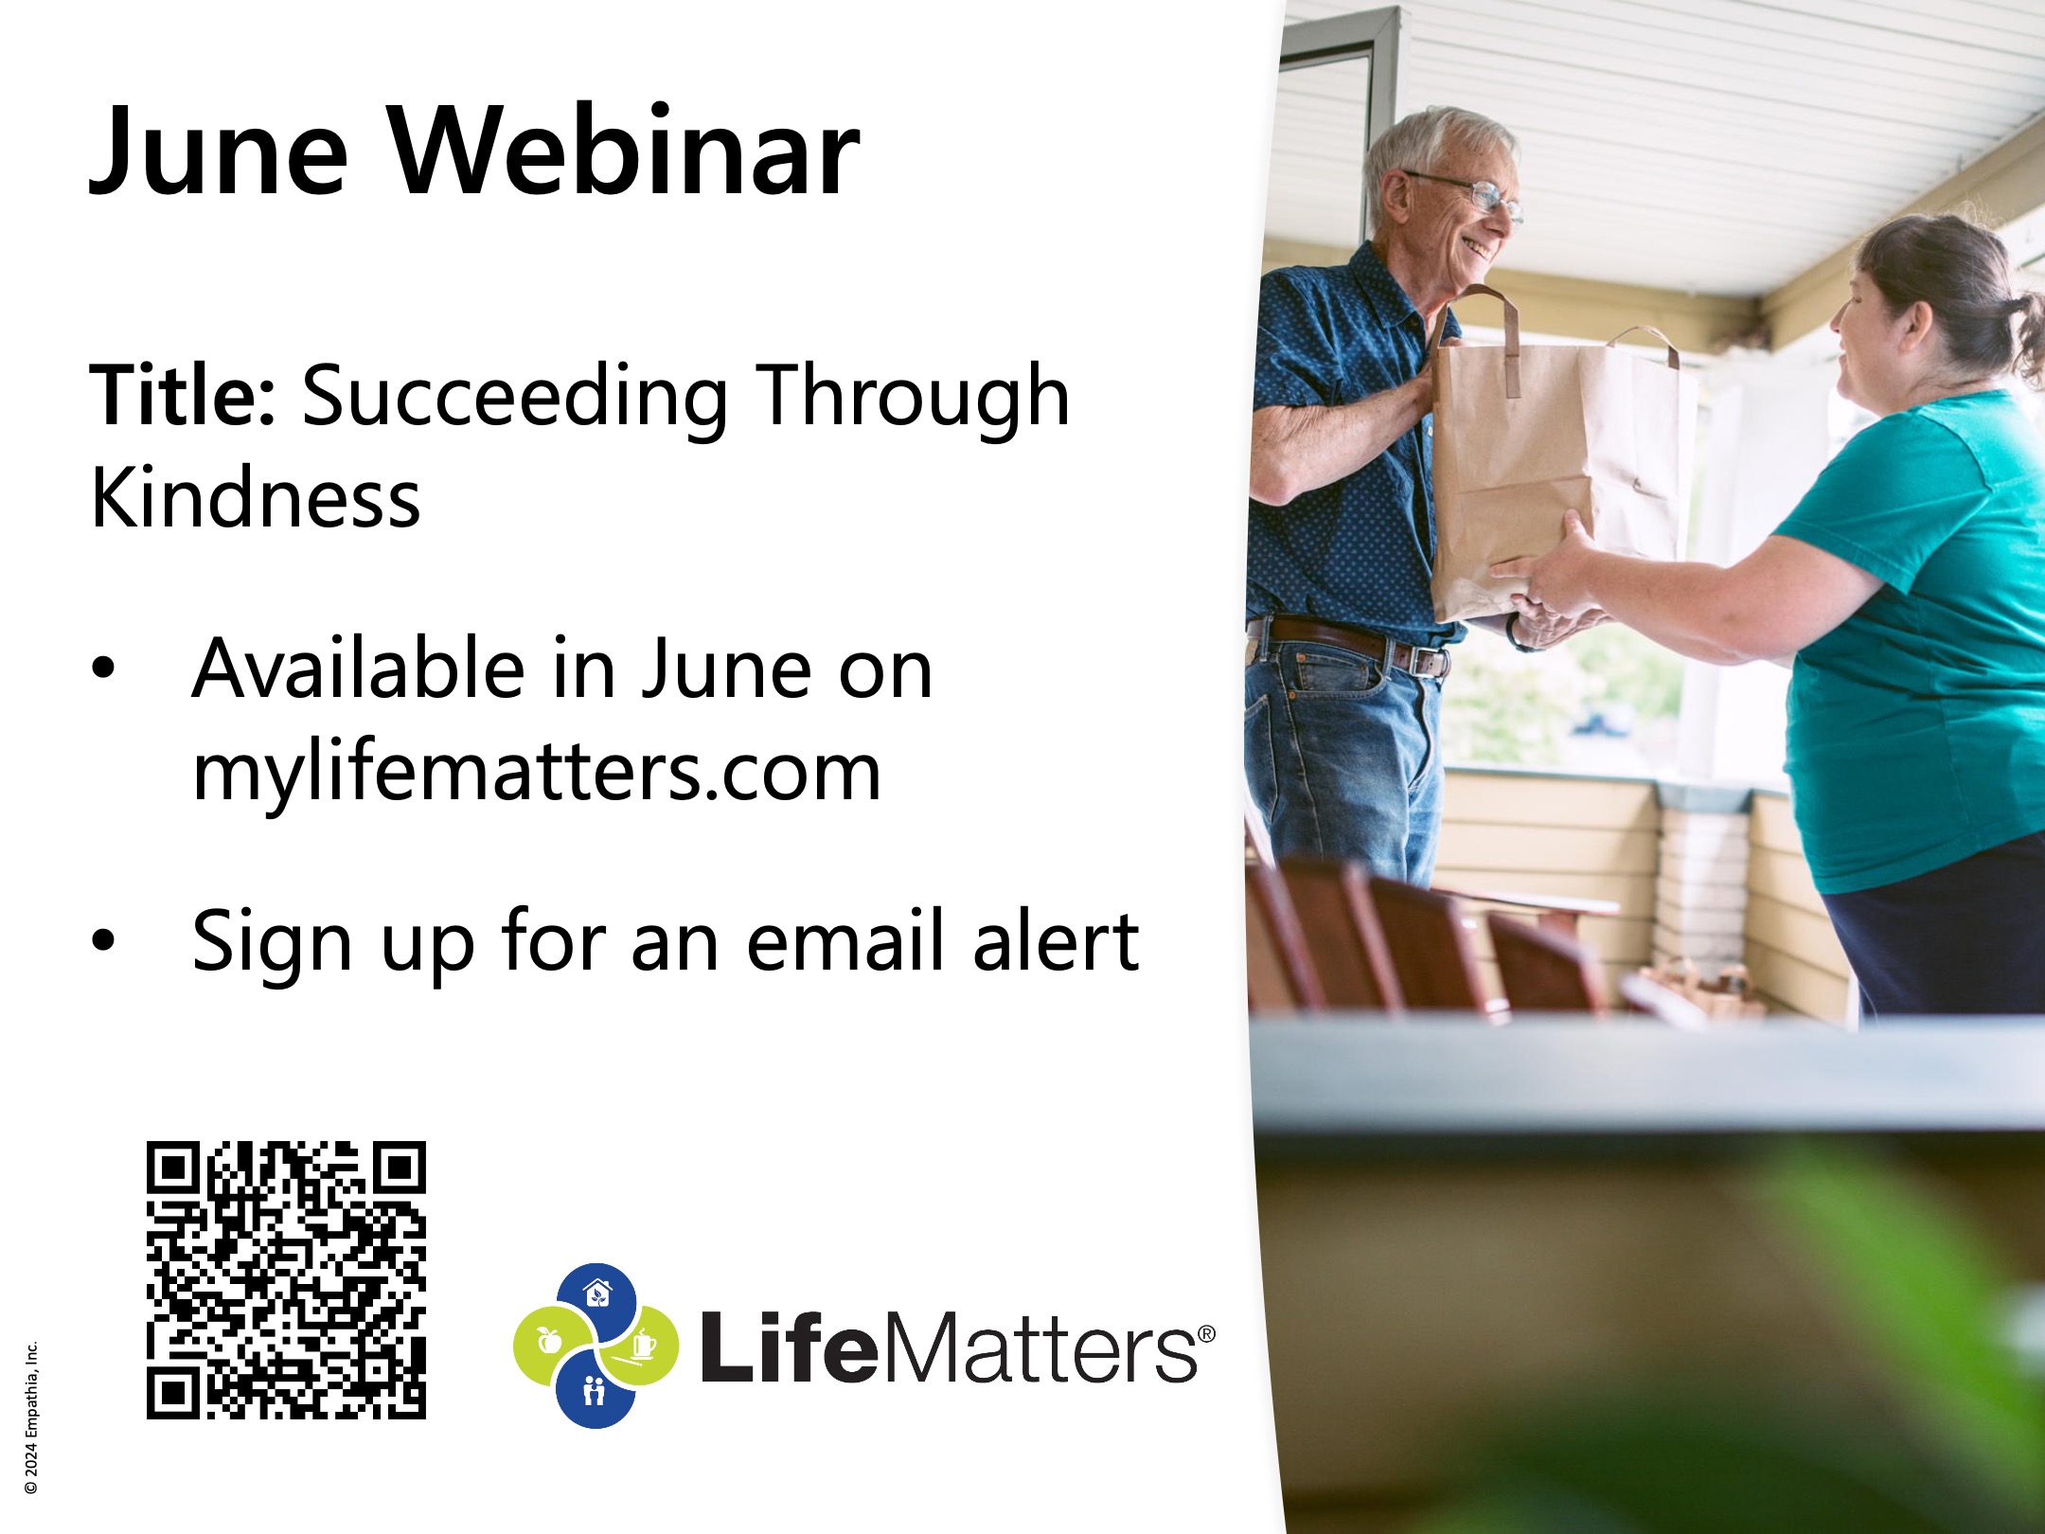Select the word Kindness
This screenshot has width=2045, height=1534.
click(255, 498)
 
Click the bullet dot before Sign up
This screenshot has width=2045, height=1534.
click(103, 941)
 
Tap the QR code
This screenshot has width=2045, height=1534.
click(286, 1280)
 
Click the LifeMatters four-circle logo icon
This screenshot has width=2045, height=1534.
click(596, 1345)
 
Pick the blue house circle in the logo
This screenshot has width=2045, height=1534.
click(596, 1299)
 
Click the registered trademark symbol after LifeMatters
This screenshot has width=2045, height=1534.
click(1205, 1333)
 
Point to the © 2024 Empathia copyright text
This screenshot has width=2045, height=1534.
click(32, 1418)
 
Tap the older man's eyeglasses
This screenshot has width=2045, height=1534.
click(1472, 194)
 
